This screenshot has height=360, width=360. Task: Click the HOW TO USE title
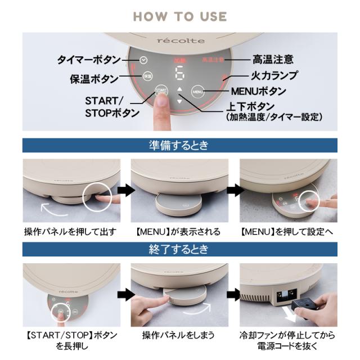[179, 16]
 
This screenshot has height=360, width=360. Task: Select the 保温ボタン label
[94, 78]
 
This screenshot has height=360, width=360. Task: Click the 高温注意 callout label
[274, 59]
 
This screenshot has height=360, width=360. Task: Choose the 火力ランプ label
[274, 75]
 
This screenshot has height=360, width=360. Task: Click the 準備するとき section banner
[179, 145]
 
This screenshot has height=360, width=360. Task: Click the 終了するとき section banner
[179, 249]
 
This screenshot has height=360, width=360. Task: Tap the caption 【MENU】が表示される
[179, 232]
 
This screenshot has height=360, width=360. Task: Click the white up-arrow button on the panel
[179, 89]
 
